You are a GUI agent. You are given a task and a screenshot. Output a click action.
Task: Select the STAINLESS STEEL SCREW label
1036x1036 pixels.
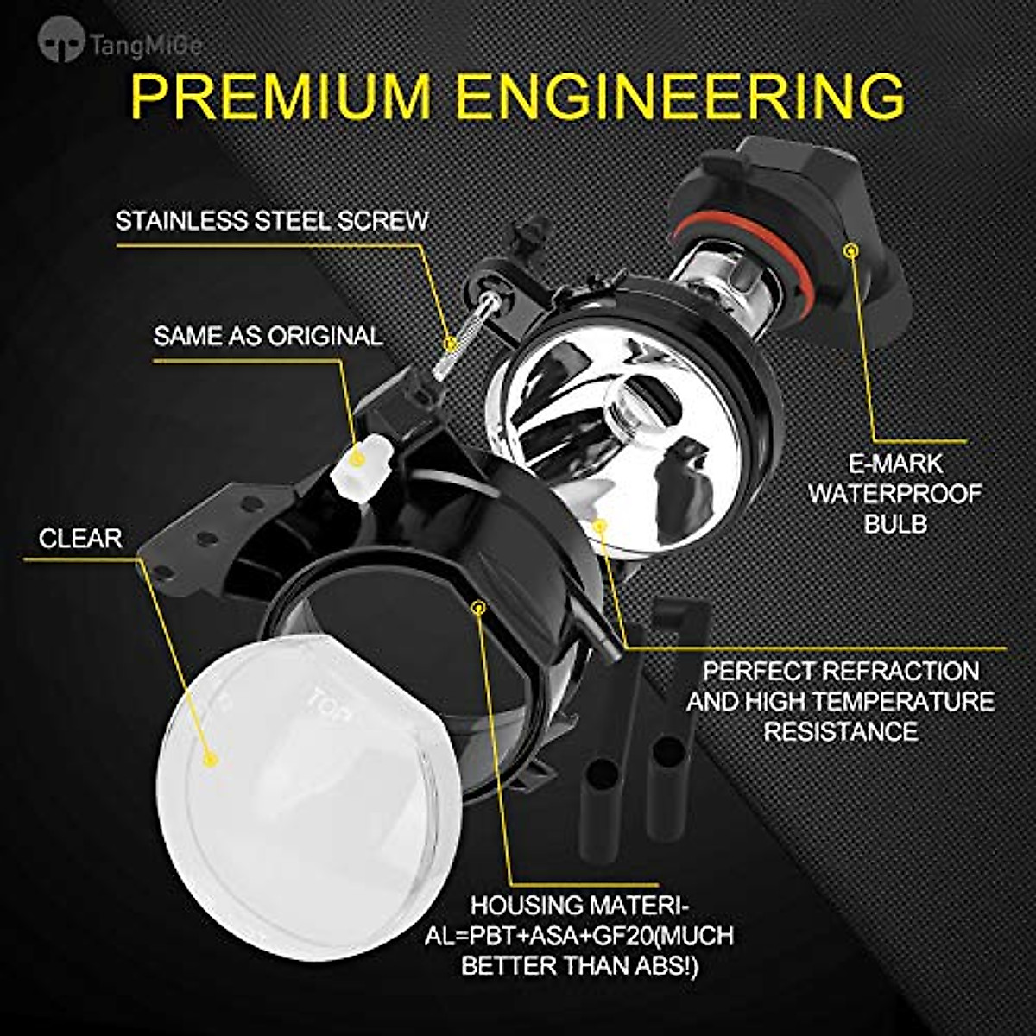[272, 221]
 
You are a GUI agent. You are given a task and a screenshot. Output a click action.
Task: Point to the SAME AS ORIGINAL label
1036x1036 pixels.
[268, 336]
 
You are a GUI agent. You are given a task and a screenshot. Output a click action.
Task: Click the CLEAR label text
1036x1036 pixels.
[80, 539]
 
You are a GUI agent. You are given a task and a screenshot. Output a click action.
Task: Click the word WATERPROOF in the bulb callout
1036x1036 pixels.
[894, 494]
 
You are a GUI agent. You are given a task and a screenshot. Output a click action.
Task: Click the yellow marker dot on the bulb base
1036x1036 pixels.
[852, 250]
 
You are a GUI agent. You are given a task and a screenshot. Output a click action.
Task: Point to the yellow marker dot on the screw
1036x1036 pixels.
[448, 343]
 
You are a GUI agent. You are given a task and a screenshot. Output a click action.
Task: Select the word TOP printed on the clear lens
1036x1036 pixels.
[330, 696]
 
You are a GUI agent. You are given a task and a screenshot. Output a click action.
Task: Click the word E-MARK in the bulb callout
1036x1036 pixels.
[894, 464]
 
